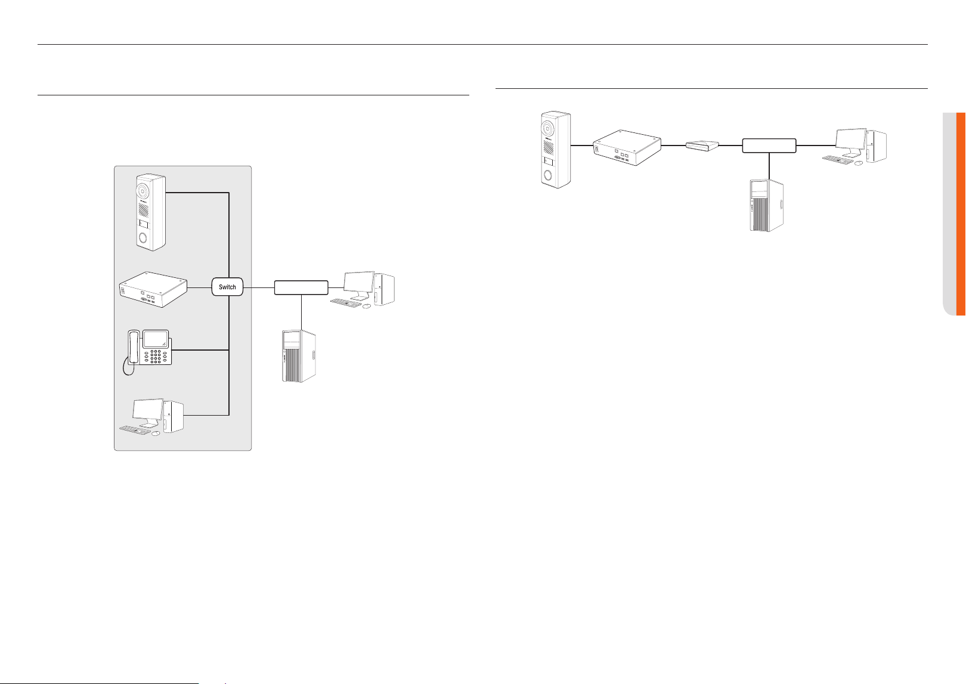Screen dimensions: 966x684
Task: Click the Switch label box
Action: (x=227, y=287)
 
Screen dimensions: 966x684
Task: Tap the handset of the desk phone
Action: (x=134, y=347)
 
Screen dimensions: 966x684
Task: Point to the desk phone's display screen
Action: (x=155, y=339)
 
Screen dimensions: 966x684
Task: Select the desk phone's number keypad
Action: (x=156, y=356)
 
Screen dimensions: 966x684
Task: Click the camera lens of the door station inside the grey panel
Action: (x=143, y=191)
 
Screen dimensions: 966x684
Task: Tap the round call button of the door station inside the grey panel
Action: (x=143, y=237)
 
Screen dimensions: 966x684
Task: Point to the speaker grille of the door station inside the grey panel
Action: (x=143, y=211)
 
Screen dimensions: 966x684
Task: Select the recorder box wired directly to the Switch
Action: (x=153, y=289)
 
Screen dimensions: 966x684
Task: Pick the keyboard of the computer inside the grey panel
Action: (x=135, y=430)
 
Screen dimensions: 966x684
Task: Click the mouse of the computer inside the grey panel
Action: (x=156, y=433)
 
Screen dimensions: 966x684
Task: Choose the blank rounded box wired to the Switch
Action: (x=301, y=287)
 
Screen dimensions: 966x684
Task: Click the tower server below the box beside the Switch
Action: (x=299, y=356)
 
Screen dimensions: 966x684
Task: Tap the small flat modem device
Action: (x=702, y=146)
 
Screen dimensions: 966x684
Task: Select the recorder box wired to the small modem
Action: (x=627, y=147)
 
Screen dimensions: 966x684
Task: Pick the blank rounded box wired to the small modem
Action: (x=769, y=146)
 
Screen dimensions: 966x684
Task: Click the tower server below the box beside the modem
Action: (x=767, y=205)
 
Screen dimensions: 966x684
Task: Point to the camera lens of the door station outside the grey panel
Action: (x=547, y=128)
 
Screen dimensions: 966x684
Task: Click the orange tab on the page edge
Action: (x=961, y=214)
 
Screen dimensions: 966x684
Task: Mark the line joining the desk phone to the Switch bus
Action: (x=200, y=350)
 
